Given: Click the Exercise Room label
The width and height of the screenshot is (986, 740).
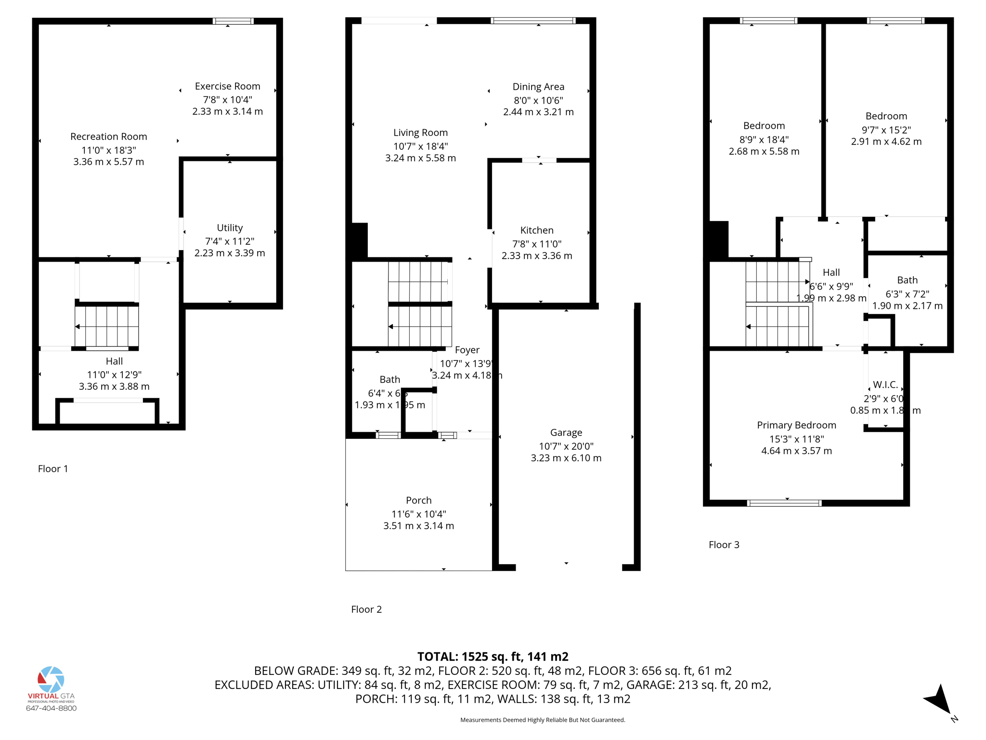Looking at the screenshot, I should [227, 86].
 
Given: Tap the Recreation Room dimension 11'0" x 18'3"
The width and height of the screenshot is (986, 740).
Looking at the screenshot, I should [108, 150].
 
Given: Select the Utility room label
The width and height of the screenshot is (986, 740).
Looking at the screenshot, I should [230, 227].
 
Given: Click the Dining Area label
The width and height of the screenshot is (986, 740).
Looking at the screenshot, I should [538, 87].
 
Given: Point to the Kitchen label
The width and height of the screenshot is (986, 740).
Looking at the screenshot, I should [537, 230].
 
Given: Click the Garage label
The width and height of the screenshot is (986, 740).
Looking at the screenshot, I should [566, 433].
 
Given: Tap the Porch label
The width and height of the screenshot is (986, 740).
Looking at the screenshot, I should [418, 500].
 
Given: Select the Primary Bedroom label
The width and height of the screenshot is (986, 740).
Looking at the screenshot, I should [796, 425].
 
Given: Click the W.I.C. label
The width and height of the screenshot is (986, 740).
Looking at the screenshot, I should [885, 384].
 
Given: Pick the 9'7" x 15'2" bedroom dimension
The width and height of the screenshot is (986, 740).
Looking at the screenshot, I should [886, 130].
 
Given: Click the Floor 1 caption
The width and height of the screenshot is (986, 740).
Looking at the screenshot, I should [53, 469].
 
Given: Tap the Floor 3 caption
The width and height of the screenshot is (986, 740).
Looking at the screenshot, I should [724, 544].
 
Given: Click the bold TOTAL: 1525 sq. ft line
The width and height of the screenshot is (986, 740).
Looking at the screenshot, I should [493, 657].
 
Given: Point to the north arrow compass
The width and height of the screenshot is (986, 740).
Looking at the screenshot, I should [939, 701].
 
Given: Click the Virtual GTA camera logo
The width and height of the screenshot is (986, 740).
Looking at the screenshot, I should [51, 679].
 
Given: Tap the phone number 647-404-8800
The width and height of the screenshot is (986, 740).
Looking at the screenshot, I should [51, 708].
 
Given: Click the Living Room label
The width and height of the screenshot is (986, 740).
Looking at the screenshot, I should [420, 132].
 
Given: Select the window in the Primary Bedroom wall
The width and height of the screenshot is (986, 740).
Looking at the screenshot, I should [784, 503].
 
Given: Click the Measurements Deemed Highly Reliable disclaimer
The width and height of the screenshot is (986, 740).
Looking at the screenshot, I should [543, 720].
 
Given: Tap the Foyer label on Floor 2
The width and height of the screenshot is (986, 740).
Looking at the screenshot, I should [467, 350].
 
